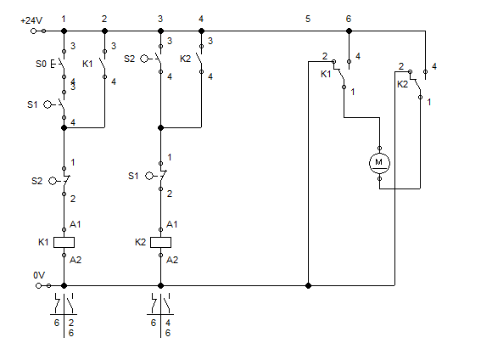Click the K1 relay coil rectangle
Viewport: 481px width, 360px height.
click(x=64, y=243)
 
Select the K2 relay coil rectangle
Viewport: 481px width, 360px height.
click(x=160, y=243)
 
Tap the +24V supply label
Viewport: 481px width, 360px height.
click(x=31, y=20)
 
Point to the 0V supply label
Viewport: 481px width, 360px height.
click(x=39, y=275)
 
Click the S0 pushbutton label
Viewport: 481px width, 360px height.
click(x=41, y=64)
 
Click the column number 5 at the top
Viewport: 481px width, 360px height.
click(x=308, y=19)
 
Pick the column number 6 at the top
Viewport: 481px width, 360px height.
click(x=349, y=19)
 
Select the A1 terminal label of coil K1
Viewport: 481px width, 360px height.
click(x=76, y=224)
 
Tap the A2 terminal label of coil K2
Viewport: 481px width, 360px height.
click(x=172, y=260)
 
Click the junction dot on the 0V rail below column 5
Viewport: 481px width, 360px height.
click(x=308, y=286)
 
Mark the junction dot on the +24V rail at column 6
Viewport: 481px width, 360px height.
click(x=349, y=31)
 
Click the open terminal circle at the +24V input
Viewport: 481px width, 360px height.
click(x=33, y=31)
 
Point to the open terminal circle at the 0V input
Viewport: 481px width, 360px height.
click(x=38, y=286)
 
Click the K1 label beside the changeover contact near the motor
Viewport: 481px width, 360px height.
click(x=326, y=74)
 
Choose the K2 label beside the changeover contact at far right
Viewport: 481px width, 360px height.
click(x=402, y=84)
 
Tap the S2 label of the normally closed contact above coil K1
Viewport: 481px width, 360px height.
click(x=36, y=181)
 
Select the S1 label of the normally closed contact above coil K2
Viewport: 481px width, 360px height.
click(x=133, y=176)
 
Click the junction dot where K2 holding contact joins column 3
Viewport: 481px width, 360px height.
click(x=160, y=127)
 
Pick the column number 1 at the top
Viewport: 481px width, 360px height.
click(x=64, y=19)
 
